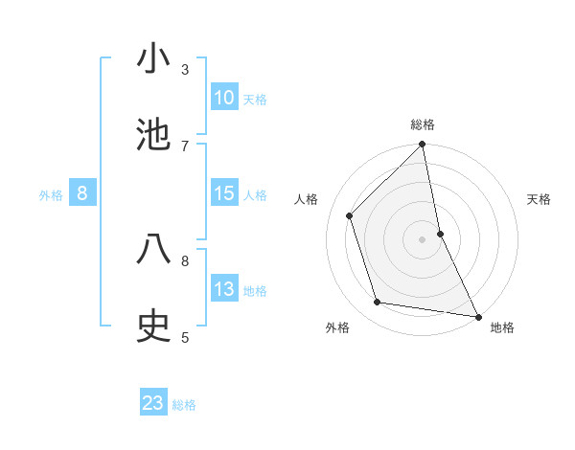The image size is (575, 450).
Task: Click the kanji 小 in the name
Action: [x=153, y=59]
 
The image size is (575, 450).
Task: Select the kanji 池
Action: [x=153, y=134]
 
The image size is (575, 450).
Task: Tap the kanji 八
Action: [x=153, y=249]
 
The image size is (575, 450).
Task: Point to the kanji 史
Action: [x=153, y=326]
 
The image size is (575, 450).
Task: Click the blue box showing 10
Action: [x=224, y=98]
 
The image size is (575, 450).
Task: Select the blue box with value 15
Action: [x=224, y=193]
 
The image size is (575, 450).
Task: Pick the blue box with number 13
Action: [x=224, y=289]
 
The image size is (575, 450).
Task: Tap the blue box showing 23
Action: [x=153, y=403]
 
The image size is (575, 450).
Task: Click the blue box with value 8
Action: [x=82, y=193]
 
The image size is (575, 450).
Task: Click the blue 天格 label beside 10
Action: [x=255, y=99]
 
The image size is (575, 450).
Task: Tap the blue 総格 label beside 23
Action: [x=184, y=404]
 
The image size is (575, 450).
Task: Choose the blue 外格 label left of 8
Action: [x=51, y=195]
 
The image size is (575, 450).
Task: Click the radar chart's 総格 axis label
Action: [x=423, y=124]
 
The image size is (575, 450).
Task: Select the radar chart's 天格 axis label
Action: [x=540, y=199]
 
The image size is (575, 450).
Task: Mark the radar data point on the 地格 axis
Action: [x=477, y=316]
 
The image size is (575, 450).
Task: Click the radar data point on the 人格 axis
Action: [x=350, y=215]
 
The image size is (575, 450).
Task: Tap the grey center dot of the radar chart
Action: [x=423, y=239]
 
